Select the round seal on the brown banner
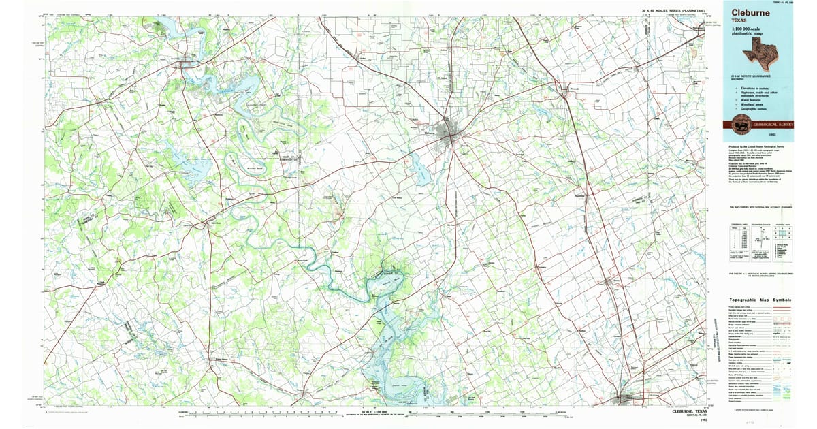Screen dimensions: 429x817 pyautogui.click(x=737, y=125)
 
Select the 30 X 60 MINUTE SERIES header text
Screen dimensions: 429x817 pyautogui.click(x=676, y=11)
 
